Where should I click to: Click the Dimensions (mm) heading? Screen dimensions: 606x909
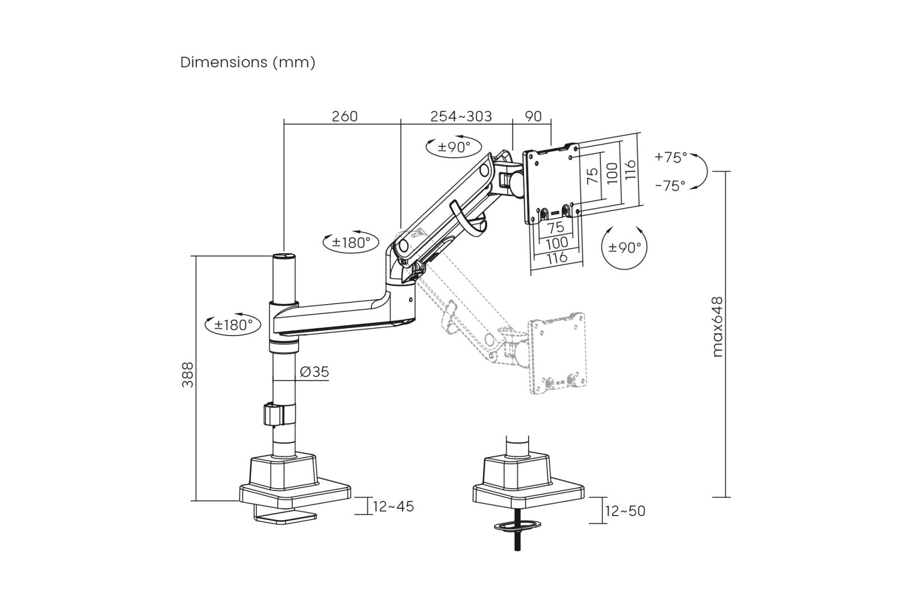click(247, 62)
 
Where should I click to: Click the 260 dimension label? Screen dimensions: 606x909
click(345, 116)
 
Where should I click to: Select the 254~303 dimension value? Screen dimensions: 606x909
click(461, 116)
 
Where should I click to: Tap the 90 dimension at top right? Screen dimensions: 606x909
click(533, 116)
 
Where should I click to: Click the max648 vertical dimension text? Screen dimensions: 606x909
click(718, 327)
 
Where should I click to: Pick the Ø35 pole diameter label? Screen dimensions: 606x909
click(314, 371)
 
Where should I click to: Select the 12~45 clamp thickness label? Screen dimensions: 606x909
click(393, 506)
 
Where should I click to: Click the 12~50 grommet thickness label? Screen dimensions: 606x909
click(625, 511)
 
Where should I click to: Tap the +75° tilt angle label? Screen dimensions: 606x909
click(671, 158)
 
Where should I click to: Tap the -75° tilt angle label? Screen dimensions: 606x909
click(671, 186)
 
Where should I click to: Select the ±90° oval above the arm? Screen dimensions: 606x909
click(453, 147)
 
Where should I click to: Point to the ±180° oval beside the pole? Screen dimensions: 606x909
click(233, 324)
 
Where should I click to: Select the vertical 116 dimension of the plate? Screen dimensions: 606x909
click(631, 170)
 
